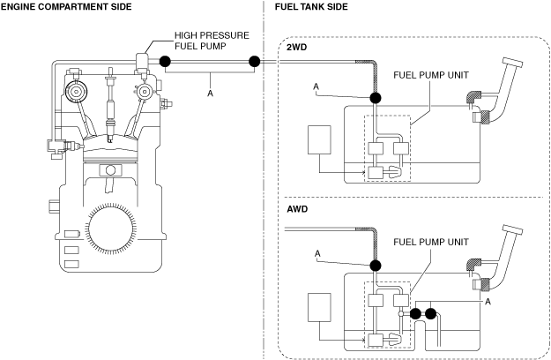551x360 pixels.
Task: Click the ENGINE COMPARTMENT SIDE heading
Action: click(66, 7)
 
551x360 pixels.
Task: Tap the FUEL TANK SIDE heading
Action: click(311, 7)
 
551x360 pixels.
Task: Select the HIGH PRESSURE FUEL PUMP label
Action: click(212, 41)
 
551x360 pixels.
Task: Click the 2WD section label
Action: click(296, 47)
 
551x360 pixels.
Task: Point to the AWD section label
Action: click(297, 209)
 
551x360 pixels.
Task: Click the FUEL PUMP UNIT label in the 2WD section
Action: click(431, 75)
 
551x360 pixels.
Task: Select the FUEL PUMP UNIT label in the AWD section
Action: click(431, 242)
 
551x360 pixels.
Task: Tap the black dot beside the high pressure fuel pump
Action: click(165, 62)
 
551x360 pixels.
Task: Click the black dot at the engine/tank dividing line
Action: click(254, 62)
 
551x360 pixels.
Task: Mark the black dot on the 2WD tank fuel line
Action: click(376, 98)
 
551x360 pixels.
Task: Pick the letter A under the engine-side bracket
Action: click(210, 94)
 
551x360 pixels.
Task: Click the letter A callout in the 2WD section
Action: click(316, 86)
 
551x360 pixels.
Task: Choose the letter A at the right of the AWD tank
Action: click(488, 302)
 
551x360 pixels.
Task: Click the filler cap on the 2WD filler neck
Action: click(513, 63)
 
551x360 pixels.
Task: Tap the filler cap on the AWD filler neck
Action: click(513, 229)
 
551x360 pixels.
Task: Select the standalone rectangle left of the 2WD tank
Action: click(319, 140)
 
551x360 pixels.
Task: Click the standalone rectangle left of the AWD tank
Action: click(319, 308)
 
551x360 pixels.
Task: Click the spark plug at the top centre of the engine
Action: click(111, 105)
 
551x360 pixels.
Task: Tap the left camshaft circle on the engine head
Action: click(76, 92)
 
